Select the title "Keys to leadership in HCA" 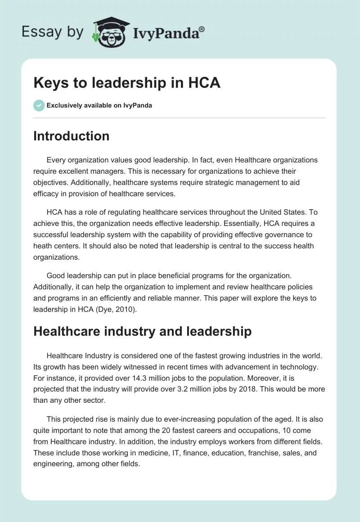coord(127,83)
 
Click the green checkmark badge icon coord(39,105)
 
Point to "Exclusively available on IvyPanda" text coord(99,105)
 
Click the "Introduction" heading coord(71,136)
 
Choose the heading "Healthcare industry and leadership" coord(142,331)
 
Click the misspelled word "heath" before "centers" coord(42,246)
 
